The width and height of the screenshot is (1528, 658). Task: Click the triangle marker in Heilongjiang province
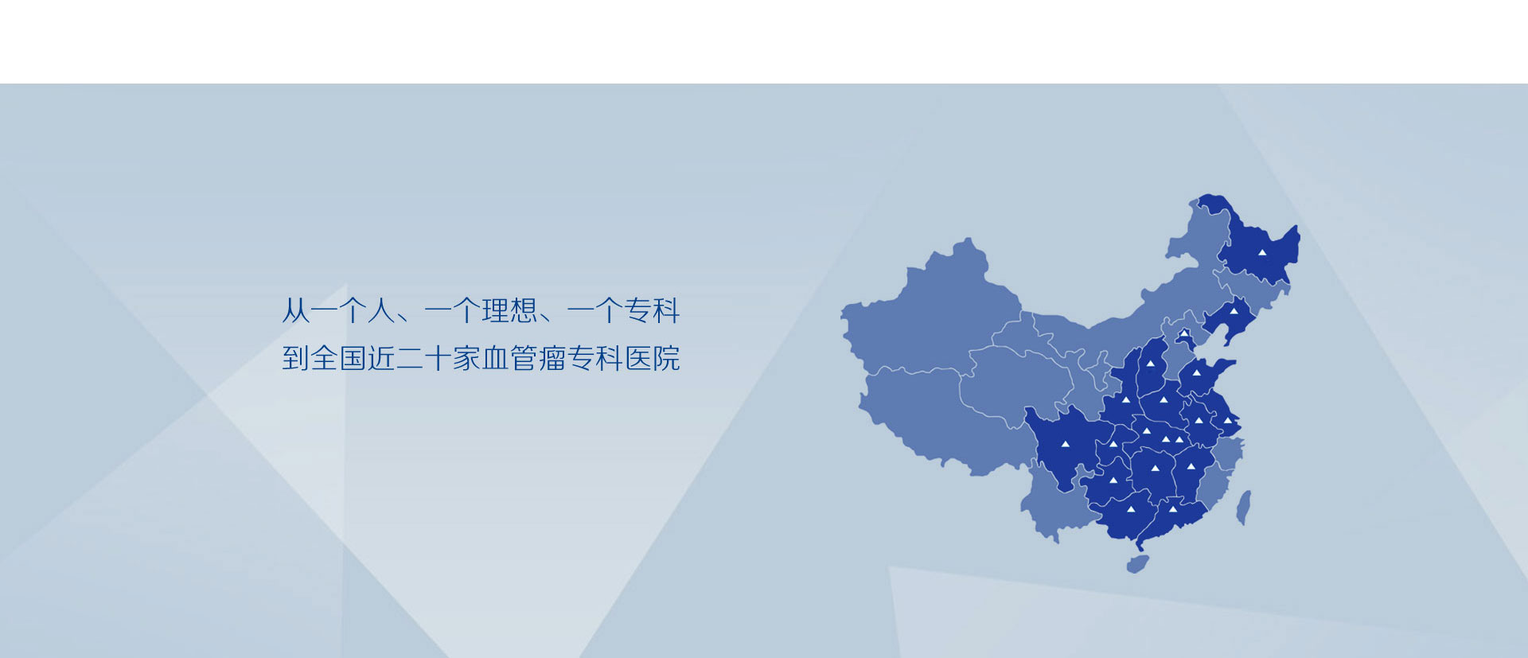click(x=1261, y=252)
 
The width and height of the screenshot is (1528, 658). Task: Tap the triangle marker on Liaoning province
click(x=1234, y=311)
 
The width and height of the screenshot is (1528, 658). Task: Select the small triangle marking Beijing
click(x=1183, y=333)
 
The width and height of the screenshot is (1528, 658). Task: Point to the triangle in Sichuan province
click(x=1065, y=443)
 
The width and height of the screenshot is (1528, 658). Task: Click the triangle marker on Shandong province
click(x=1196, y=372)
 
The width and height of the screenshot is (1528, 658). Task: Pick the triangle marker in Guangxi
click(x=1130, y=509)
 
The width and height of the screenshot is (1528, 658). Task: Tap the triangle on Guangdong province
click(x=1172, y=509)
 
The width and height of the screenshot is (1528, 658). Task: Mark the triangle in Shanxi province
click(x=1150, y=364)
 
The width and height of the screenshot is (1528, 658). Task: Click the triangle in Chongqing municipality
click(x=1113, y=444)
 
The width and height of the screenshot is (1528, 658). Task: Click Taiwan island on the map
click(x=1243, y=508)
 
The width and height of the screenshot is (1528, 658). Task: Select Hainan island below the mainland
click(x=1137, y=564)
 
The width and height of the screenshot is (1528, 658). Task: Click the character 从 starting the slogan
click(x=295, y=310)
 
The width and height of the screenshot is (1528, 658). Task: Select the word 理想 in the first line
click(x=509, y=310)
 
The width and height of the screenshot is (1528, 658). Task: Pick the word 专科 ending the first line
click(x=652, y=310)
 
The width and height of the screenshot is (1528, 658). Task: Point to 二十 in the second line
click(x=424, y=358)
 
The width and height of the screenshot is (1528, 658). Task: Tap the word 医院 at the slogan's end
click(x=652, y=358)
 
